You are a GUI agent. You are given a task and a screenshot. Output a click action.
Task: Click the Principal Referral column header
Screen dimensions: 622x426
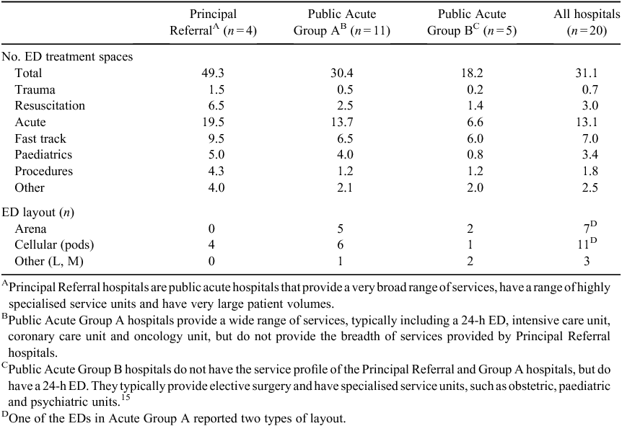pos(213,22)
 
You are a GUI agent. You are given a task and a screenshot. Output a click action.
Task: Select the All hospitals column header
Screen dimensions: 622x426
pos(587,22)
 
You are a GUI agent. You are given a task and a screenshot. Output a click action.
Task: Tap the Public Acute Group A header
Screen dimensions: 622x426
pos(342,22)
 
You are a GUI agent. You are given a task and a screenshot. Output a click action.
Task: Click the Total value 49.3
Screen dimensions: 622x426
pos(214,73)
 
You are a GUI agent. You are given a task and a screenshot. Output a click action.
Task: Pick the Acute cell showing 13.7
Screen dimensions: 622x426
pos(342,122)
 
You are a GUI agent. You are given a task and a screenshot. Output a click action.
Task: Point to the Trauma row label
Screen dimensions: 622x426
pos(35,89)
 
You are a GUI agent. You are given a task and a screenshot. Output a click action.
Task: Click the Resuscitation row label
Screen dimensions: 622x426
pos(50,105)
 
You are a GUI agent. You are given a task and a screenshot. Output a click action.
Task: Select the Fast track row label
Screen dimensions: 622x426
pos(40,138)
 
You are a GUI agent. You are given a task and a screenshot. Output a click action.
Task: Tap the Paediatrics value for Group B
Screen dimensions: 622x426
pos(476,154)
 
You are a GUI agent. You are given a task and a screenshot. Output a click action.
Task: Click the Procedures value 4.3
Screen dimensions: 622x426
pos(216,171)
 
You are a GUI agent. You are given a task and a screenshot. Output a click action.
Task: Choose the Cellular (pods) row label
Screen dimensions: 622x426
pos(54,244)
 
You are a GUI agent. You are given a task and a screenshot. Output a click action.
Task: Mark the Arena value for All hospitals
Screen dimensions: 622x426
pos(590,228)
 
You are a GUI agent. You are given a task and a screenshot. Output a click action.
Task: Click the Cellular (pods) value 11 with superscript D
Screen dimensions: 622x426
pos(587,244)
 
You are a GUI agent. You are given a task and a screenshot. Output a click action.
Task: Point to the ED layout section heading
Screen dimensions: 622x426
pos(38,213)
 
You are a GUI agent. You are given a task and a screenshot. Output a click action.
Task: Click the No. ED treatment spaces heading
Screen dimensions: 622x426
pos(67,57)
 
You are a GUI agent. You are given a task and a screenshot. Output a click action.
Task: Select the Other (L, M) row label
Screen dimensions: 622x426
pos(49,261)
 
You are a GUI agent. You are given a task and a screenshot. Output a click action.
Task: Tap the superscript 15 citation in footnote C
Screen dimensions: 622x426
pos(126,398)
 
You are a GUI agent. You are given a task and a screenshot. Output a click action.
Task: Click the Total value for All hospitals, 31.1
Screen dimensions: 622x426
pos(587,73)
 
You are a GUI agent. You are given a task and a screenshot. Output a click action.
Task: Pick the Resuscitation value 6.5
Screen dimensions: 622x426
pos(216,105)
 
